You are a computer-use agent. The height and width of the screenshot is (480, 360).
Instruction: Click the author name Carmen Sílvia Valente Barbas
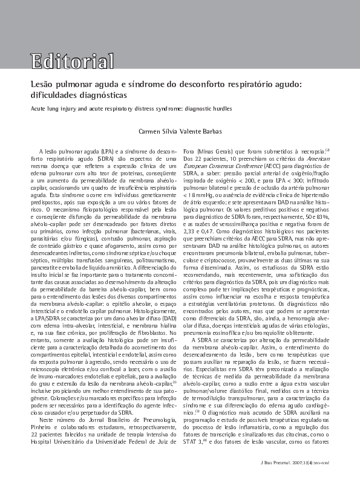click(180, 131)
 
